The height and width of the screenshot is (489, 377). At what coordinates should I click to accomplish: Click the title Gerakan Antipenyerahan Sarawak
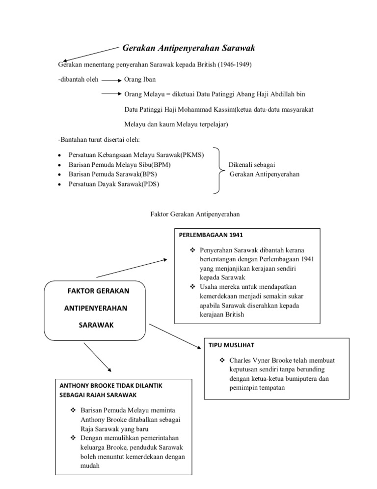pyautogui.click(x=188, y=48)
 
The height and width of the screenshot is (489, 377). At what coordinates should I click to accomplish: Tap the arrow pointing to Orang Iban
pyautogui.click(x=111, y=80)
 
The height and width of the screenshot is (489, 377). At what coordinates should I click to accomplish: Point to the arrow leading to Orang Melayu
pyautogui.click(x=111, y=93)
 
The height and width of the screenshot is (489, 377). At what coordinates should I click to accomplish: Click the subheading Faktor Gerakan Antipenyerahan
pyautogui.click(x=194, y=214)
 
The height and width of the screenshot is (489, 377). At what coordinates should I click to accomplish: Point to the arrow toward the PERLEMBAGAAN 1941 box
pyautogui.click(x=133, y=269)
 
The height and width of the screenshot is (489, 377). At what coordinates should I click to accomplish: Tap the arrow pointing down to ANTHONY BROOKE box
pyautogui.click(x=97, y=357)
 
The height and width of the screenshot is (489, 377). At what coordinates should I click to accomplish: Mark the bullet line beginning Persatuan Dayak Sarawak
pyautogui.click(x=114, y=183)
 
